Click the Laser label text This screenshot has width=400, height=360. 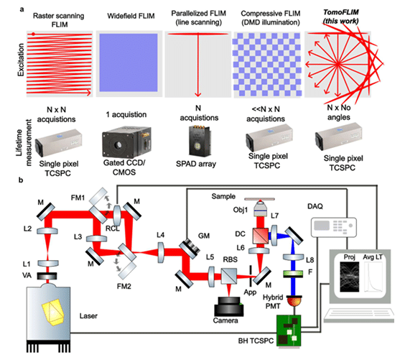88,316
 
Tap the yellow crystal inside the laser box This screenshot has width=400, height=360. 54,313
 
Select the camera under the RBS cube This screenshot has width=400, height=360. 228,306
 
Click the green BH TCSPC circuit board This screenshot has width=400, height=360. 289,331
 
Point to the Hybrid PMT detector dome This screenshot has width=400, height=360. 294,301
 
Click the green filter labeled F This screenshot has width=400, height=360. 294,274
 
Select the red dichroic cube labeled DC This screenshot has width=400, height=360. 261,236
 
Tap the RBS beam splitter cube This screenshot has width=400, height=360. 229,276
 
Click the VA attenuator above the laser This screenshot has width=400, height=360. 47,276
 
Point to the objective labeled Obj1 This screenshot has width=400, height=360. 260,208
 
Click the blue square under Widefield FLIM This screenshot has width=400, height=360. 129,63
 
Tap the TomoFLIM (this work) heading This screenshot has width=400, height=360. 341,17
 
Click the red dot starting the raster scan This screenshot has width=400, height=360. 34,34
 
